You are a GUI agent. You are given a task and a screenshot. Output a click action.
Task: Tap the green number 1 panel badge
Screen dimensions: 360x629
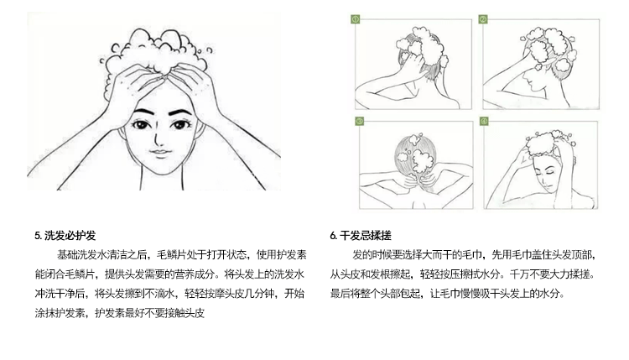[355, 18]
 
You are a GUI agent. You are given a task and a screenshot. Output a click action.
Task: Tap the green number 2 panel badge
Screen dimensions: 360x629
[483, 18]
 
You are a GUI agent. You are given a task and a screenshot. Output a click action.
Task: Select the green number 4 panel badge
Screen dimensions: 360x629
[484, 121]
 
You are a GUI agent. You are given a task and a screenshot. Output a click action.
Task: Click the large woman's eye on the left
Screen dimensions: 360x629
[144, 127]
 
